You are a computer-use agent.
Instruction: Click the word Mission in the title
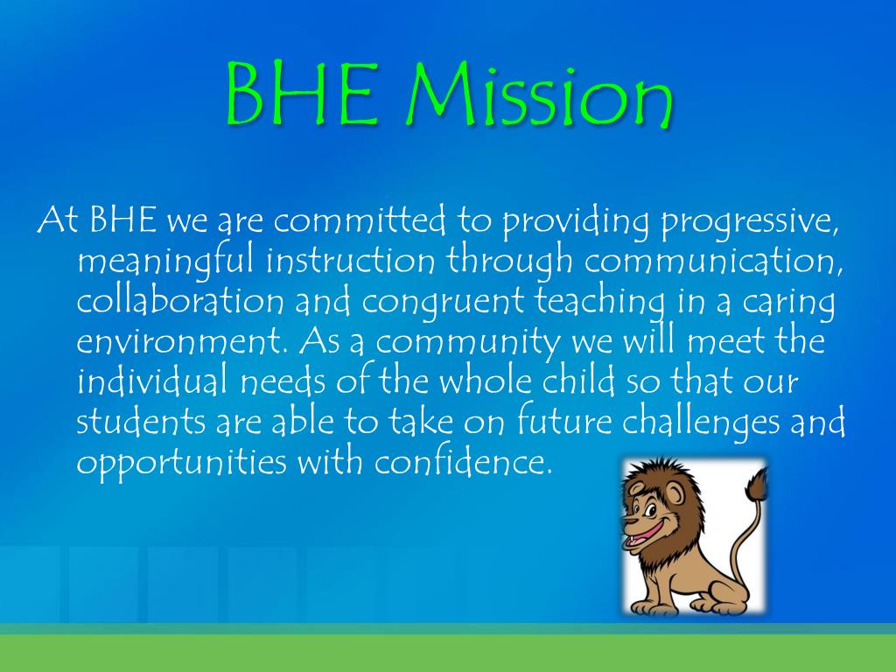click(x=540, y=95)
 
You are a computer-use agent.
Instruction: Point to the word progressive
click(x=749, y=222)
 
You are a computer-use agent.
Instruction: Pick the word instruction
click(x=350, y=260)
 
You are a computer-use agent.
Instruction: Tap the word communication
click(x=714, y=261)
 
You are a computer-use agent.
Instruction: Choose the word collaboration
click(x=180, y=300)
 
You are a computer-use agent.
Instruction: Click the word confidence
click(x=464, y=460)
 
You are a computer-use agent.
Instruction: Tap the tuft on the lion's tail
click(x=757, y=487)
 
